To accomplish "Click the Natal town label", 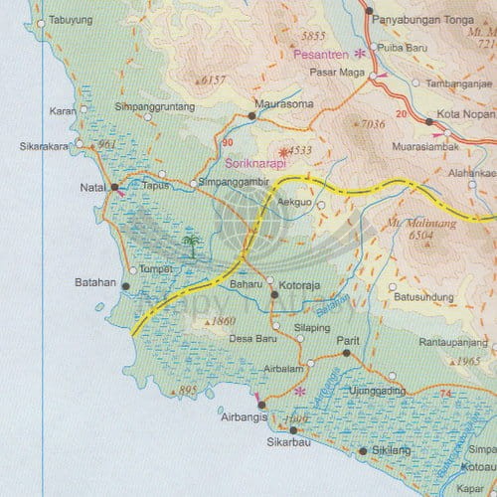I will (x=91, y=186).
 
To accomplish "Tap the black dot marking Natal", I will (x=114, y=187).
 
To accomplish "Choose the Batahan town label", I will (x=96, y=284).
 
